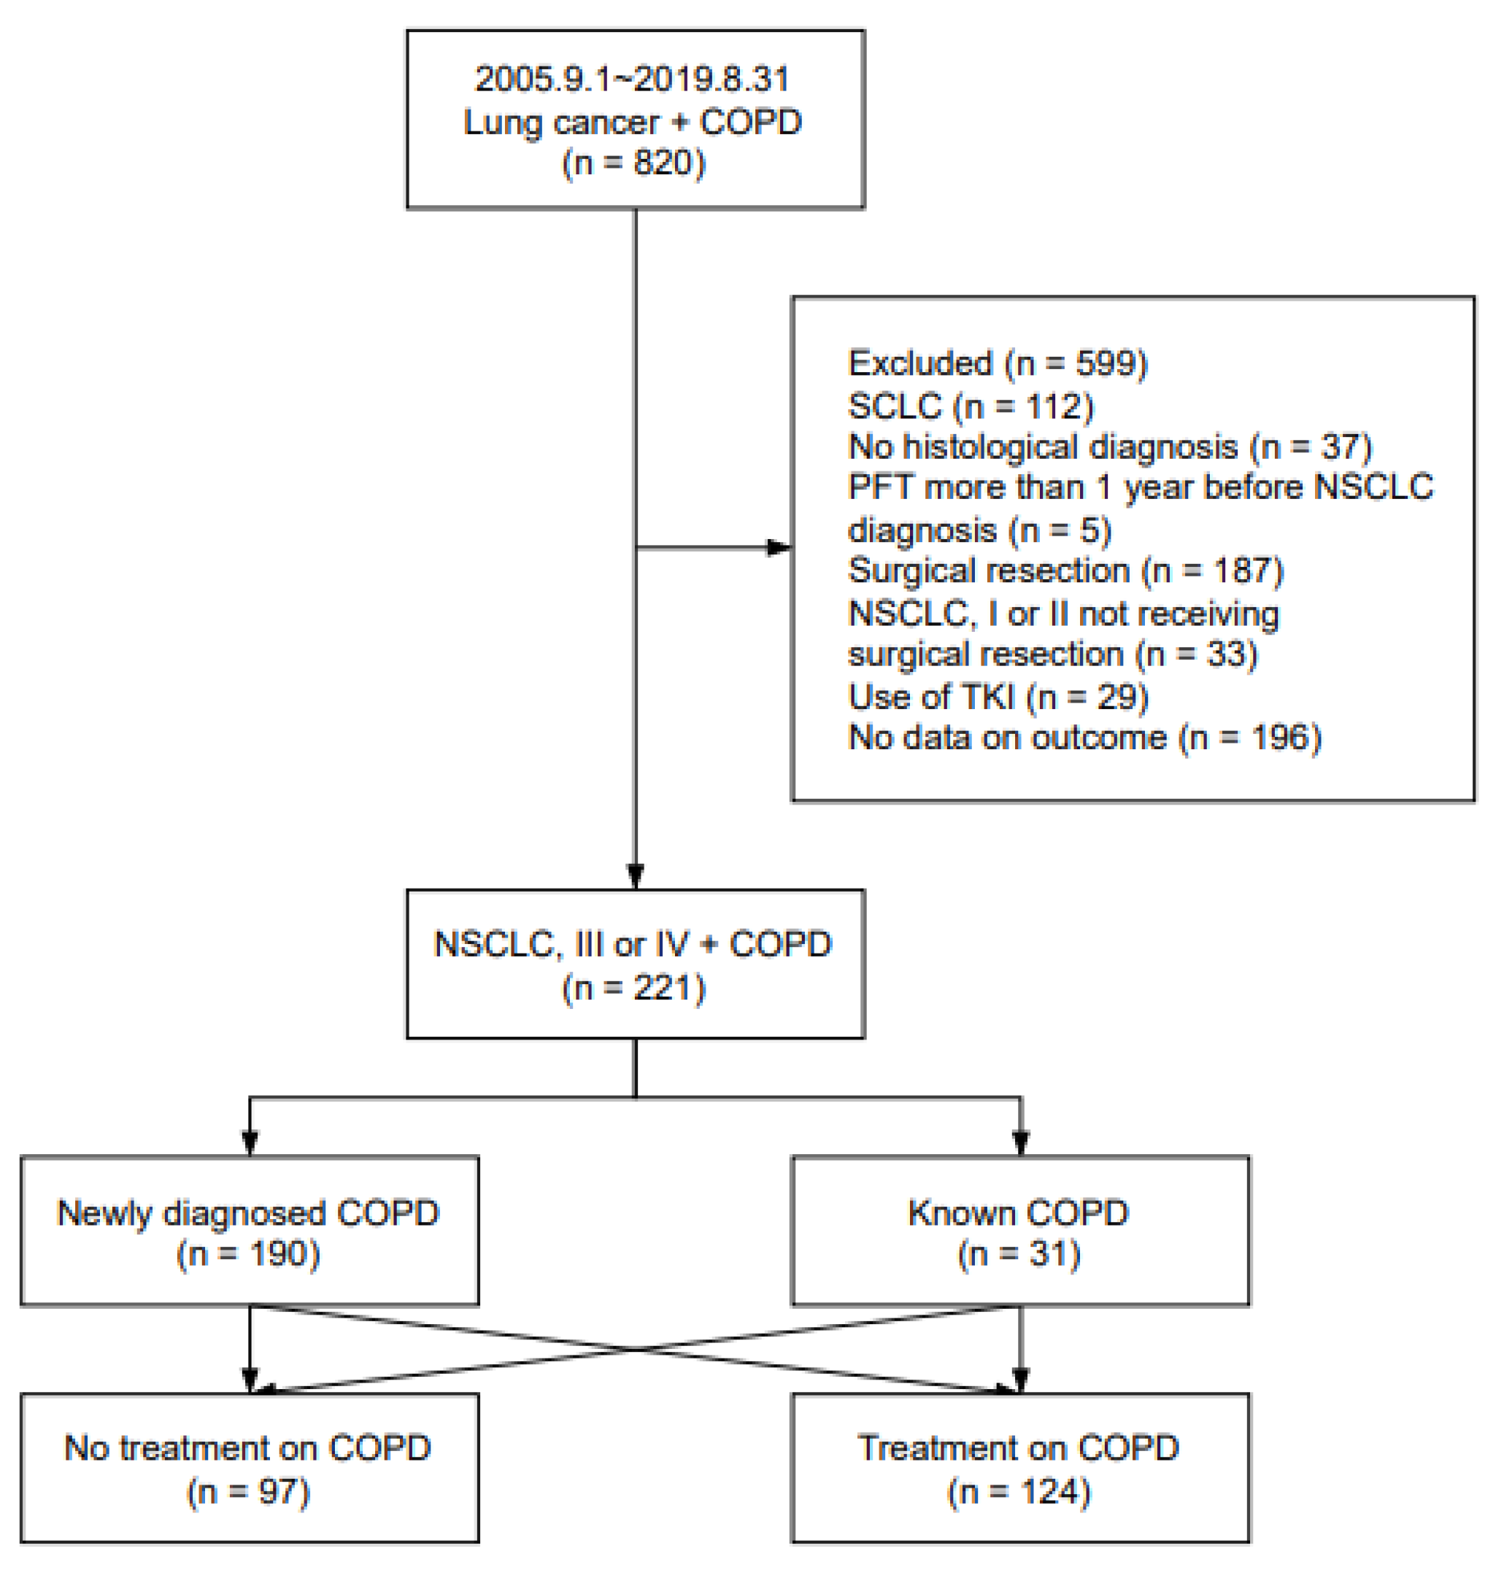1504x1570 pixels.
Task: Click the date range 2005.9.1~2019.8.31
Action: pos(632,79)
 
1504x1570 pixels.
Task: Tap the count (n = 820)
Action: pos(633,163)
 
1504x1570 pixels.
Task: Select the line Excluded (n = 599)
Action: pos(998,363)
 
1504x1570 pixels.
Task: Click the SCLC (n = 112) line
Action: pos(971,406)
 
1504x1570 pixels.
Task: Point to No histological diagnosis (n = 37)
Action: pos(1110,446)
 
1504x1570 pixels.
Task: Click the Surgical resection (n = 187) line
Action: pos(1065,571)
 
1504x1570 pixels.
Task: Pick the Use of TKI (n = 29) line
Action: pos(998,696)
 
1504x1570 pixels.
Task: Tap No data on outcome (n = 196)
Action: pos(1084,737)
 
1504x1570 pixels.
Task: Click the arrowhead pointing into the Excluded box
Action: pos(779,548)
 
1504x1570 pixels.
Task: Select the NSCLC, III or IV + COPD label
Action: pos(632,944)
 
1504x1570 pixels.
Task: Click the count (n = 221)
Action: pos(633,988)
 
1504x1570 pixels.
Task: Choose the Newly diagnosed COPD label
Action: pos(248,1213)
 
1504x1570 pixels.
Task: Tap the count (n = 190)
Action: pos(248,1254)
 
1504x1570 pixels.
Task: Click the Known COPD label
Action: pos(1019,1213)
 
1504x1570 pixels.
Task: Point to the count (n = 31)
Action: pos(1019,1254)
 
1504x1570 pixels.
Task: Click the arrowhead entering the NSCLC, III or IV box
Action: pos(636,876)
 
